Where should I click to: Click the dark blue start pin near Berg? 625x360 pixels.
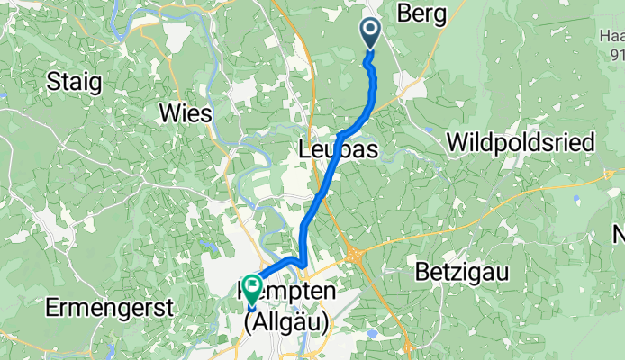click(x=370, y=34)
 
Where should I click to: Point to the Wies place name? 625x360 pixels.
click(x=185, y=113)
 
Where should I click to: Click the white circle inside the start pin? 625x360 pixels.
click(x=370, y=31)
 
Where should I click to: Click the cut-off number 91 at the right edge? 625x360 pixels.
click(x=617, y=55)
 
